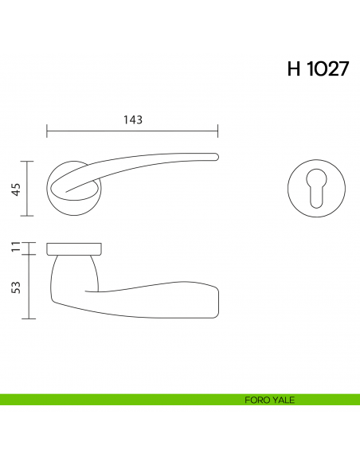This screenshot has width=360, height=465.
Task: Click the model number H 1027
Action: (x=317, y=69)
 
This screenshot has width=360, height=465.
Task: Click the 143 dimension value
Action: (x=132, y=120)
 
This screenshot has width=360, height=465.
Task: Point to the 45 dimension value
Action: (x=15, y=189)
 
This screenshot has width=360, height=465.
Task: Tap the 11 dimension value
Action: (x=15, y=248)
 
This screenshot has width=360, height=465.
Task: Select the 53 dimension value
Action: (x=15, y=286)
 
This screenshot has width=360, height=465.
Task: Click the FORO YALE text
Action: (x=271, y=401)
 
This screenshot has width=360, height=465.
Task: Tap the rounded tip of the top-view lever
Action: (x=215, y=156)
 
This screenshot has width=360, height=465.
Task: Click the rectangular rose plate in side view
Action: (x=74, y=247)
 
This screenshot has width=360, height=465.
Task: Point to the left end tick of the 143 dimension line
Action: (x=47, y=131)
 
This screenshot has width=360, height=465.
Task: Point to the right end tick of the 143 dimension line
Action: (x=219, y=131)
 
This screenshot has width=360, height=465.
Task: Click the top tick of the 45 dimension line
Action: (x=29, y=162)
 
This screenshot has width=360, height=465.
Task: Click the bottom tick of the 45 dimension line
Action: (x=29, y=216)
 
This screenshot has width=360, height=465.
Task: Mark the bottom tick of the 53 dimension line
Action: (x=29, y=318)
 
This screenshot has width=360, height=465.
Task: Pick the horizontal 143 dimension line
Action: (x=96, y=131)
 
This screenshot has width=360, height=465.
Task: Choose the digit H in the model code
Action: (x=295, y=69)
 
